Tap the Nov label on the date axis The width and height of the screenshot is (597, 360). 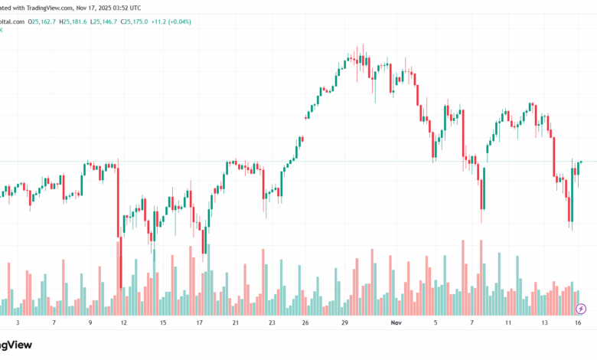[x=396, y=324]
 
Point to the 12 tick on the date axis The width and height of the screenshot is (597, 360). [x=125, y=324]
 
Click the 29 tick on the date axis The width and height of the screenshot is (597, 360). [x=344, y=324]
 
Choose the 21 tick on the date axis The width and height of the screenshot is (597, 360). [x=235, y=324]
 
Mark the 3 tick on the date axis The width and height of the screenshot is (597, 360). [x=17, y=324]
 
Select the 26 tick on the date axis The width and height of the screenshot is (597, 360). [x=305, y=324]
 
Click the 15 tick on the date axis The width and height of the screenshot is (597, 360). [x=163, y=324]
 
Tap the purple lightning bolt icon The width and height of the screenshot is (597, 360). [x=581, y=309]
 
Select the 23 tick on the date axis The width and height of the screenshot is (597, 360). [x=272, y=324]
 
